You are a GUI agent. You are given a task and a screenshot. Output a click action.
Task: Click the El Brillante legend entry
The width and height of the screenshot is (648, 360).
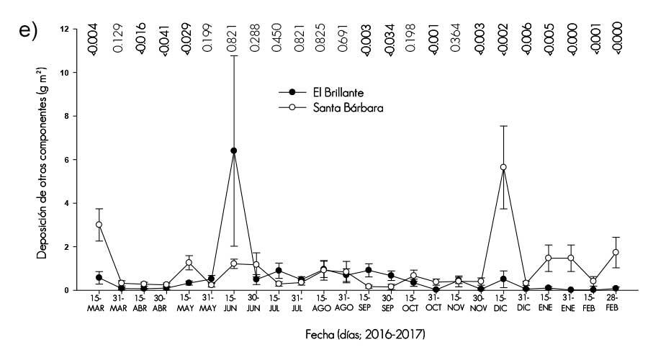coord(324,92)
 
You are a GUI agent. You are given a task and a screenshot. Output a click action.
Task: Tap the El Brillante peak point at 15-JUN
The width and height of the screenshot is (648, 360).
coord(233,150)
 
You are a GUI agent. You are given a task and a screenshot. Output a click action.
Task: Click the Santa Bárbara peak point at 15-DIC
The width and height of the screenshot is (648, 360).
coord(503,167)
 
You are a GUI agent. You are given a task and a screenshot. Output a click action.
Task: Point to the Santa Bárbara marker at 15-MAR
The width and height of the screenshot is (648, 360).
coord(99,225)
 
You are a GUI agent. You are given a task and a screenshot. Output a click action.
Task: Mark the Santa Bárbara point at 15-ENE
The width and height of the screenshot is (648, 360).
coord(548,258)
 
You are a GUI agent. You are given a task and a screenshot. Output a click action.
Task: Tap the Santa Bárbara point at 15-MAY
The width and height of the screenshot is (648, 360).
coord(189,263)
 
